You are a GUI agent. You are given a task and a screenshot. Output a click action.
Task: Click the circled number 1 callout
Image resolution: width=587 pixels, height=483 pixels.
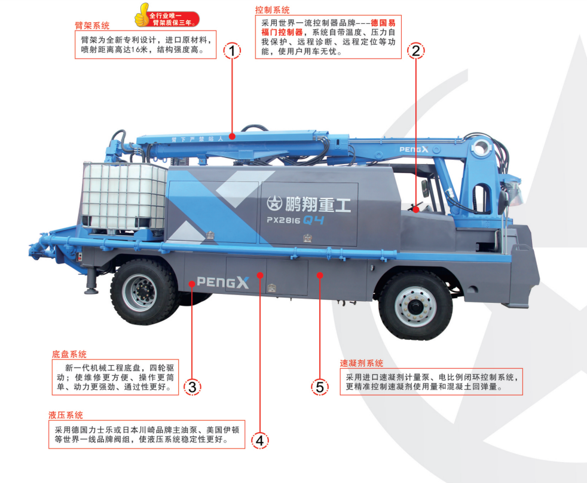[x=232, y=51]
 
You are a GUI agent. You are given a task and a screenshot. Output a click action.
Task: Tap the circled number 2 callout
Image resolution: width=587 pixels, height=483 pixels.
[x=415, y=51]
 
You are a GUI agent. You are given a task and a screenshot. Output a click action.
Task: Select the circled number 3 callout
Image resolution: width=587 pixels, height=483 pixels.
[x=192, y=387]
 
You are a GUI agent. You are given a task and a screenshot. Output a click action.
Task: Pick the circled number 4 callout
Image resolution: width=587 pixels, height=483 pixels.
[x=260, y=441]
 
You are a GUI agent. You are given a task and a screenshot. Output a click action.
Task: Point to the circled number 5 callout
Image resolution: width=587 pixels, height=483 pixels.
[x=320, y=387]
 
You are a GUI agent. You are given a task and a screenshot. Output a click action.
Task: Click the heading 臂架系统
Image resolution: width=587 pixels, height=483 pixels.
[x=92, y=26]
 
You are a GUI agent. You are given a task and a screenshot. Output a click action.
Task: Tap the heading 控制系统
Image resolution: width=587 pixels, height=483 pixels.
[x=272, y=10]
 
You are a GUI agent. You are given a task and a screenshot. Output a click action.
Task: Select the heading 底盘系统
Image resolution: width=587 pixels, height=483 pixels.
[x=69, y=354]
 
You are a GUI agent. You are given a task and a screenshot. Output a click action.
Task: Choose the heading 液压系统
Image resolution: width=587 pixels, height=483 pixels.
[x=66, y=415]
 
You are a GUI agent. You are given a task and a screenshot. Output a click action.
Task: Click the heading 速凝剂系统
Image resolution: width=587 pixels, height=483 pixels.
[x=361, y=363]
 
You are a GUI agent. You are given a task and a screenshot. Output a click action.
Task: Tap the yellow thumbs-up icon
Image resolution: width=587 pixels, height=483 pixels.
[x=142, y=15]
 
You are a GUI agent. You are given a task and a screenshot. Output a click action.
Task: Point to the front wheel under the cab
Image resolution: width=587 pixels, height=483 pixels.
[x=415, y=305]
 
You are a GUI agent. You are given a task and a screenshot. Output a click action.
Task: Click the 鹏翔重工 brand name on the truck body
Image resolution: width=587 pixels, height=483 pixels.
[x=309, y=204]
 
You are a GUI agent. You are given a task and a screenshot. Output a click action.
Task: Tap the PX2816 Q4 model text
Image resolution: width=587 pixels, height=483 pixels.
[x=295, y=220]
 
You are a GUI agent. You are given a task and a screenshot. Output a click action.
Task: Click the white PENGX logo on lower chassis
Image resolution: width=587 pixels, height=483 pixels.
[x=223, y=282]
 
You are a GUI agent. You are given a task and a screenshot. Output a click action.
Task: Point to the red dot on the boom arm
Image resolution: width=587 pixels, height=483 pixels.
[x=232, y=136]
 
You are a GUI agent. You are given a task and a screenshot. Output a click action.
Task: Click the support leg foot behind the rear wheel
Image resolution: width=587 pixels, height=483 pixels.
[x=91, y=290]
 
